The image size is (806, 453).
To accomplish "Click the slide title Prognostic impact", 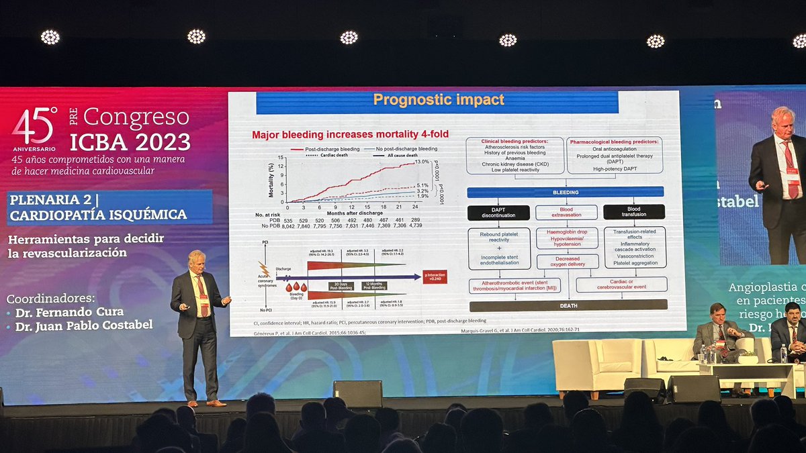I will pyautogui.click(x=438, y=101).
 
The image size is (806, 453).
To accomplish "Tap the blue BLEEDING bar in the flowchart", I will pyautogui.click(x=565, y=192).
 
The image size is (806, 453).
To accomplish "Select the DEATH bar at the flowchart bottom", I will pyautogui.click(x=568, y=305).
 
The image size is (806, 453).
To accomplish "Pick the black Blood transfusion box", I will pyautogui.click(x=633, y=212).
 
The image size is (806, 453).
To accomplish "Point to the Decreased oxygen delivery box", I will pyautogui.click(x=567, y=261).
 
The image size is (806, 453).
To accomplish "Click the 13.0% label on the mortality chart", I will pyautogui.click(x=422, y=162).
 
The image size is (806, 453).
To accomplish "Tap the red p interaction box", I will pyautogui.click(x=435, y=276).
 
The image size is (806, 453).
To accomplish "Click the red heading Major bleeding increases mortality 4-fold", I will pyautogui.click(x=350, y=134).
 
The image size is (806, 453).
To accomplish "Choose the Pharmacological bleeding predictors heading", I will pyautogui.click(x=614, y=142).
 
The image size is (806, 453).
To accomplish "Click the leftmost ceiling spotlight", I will pyautogui.click(x=50, y=37).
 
